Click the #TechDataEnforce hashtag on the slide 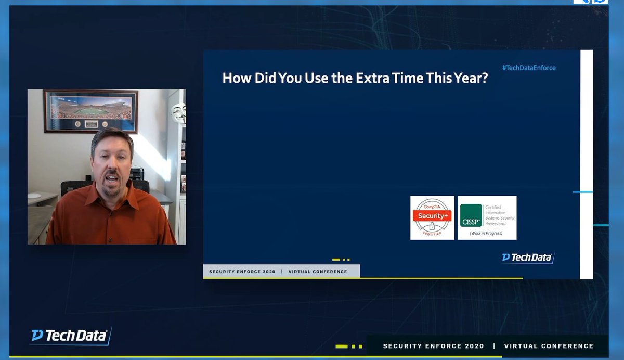coord(529,68)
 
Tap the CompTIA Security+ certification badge coord(432,217)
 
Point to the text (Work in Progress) coord(486,233)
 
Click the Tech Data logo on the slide coord(527,258)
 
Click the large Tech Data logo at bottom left coord(71,336)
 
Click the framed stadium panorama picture coord(91,110)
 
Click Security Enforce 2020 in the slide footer coord(242,272)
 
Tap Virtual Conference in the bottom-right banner coord(549,346)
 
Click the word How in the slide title coord(234,78)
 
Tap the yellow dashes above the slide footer coord(341,260)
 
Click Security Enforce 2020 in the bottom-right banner coord(433,346)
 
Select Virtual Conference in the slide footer coord(317,272)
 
